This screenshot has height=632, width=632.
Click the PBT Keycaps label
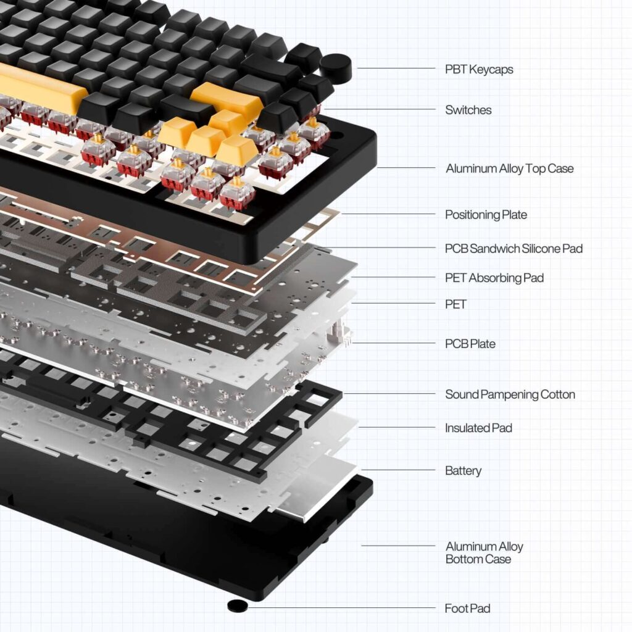coord(479,69)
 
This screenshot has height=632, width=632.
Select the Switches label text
coord(468,110)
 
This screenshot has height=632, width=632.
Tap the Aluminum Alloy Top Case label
coord(509,168)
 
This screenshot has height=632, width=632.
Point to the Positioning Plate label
coord(486,215)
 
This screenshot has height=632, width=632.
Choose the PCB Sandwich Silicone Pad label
coord(513,249)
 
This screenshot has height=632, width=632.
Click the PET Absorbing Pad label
coord(494,278)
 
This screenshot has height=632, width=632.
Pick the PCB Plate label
coord(470,344)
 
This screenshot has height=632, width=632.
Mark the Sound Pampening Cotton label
coord(510,394)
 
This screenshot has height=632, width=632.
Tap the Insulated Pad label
coord(478,428)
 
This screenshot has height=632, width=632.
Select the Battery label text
coord(463,471)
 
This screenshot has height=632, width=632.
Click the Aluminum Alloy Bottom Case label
coord(484,552)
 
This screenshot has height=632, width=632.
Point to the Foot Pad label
coord(467,609)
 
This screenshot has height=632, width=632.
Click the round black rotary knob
coord(336,67)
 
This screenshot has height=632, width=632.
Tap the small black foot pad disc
coord(237,605)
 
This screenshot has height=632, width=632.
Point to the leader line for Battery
coord(398,470)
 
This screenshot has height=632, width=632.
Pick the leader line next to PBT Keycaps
coord(395,69)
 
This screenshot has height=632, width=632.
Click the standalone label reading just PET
coord(455,304)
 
